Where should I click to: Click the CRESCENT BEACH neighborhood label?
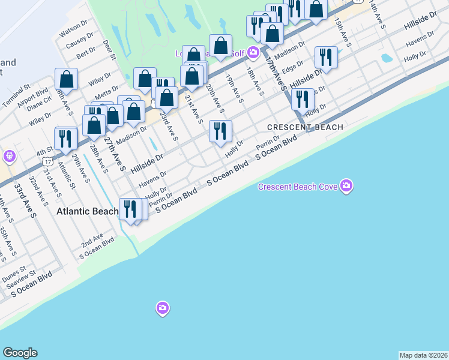tap(305, 127)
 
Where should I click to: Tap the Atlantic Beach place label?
tap(88, 211)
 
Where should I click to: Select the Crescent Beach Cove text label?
tap(297, 187)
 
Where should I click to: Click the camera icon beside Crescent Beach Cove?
tap(346, 186)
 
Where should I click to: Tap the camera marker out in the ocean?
tap(162, 308)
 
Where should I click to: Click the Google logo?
tap(20, 353)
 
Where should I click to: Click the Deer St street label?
tap(109, 50)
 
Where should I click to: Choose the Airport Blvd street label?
tap(34, 95)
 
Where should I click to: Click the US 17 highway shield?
tap(47, 161)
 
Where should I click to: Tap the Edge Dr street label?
tap(292, 69)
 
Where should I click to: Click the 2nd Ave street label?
tap(92, 241)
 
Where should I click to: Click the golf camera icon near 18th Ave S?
tap(253, 52)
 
